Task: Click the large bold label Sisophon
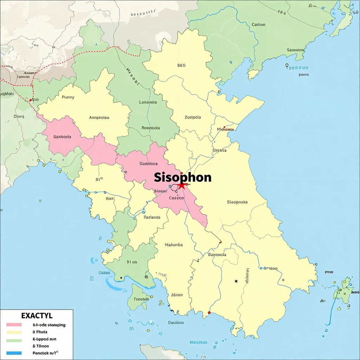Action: point(183,178)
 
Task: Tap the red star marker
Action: point(181,185)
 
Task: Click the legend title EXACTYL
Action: point(37,316)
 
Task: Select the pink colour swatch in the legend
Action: point(14,325)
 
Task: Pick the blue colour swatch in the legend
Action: point(14,353)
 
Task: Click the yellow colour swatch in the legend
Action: point(14,332)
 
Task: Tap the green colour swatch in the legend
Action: point(14,340)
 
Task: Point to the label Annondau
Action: point(99,118)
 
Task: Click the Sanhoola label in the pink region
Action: point(62,137)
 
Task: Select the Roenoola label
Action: point(150,128)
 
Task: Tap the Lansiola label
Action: point(148,102)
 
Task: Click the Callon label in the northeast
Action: point(258,25)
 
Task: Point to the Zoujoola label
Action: point(193,117)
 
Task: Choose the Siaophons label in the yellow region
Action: point(237,202)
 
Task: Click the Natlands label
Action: point(152,217)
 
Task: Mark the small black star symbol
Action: point(236,281)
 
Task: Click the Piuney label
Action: point(68,97)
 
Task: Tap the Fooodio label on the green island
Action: point(142,299)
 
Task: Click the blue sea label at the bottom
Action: point(198,342)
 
